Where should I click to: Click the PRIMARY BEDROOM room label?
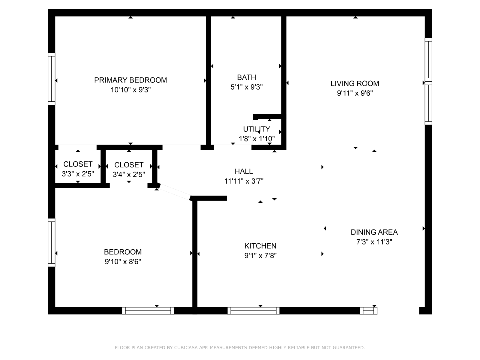pos(130,80)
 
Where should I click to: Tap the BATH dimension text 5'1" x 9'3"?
pos(247,87)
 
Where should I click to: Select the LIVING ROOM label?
pos(355,83)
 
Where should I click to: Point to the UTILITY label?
pos(256,129)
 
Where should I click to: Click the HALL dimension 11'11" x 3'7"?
pos(244,181)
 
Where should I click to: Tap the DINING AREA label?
pos(374,232)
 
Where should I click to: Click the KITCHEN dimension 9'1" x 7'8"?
pos(260,256)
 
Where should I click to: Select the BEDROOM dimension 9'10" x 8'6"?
pos(123,262)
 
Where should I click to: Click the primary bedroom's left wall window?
pos(52,79)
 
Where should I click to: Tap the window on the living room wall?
pos(428,82)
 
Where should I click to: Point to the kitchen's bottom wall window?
pos(253,310)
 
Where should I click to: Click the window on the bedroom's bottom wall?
pos(148,310)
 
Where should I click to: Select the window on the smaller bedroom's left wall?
pos(52,243)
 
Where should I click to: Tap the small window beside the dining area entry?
pos(368,310)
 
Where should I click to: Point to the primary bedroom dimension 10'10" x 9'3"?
pos(130,90)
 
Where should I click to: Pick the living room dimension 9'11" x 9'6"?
pos(355,93)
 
